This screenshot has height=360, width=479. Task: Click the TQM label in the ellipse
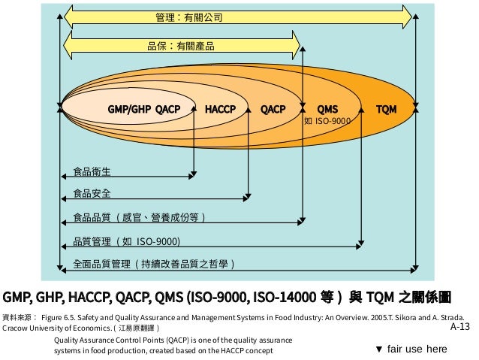[x=387, y=109]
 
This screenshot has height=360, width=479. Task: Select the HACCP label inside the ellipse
[x=220, y=109]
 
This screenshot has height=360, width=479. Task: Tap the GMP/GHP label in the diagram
[x=129, y=109]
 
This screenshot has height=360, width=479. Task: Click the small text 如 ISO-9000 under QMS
[x=327, y=119]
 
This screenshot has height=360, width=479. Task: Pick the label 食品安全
[x=92, y=194]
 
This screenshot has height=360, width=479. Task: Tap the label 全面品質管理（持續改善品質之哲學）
[x=153, y=264]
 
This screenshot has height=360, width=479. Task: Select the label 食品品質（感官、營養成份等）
[x=138, y=218]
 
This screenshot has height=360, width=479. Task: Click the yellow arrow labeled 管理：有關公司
[x=188, y=16]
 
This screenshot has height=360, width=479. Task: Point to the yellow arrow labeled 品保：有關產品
[x=180, y=46]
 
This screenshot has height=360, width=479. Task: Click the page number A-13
[x=459, y=328]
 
